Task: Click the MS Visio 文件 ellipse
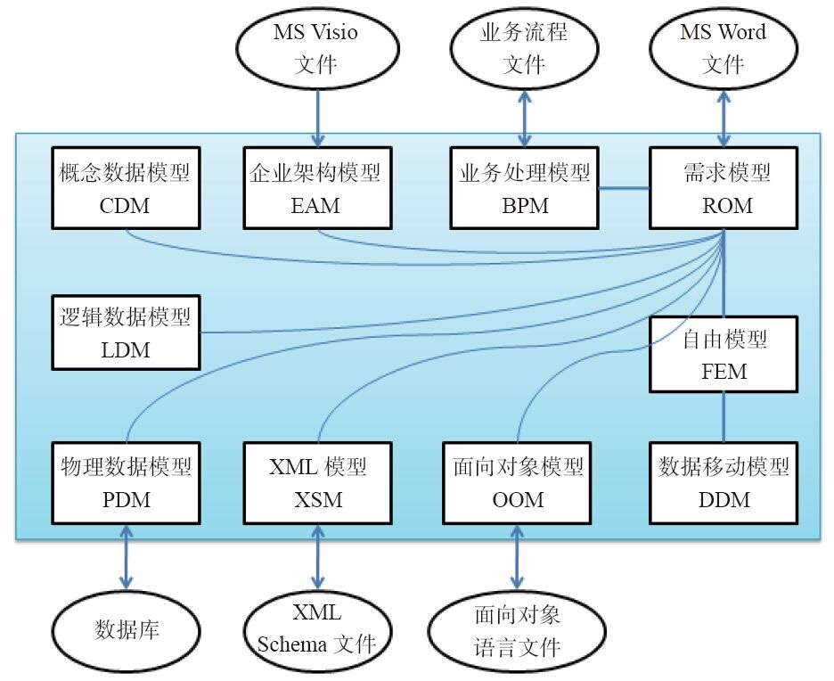point(316,48)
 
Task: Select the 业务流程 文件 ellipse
point(524,48)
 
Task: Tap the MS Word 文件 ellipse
point(724,48)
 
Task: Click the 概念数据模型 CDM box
point(125,187)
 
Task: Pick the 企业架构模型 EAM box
point(316,187)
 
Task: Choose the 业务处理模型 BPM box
point(524,187)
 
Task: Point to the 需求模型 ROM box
point(723,187)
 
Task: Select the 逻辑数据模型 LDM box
point(125,332)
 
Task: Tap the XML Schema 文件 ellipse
point(317,630)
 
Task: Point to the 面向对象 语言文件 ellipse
point(517,630)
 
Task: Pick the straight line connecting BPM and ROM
point(624,188)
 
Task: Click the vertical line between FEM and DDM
point(723,416)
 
